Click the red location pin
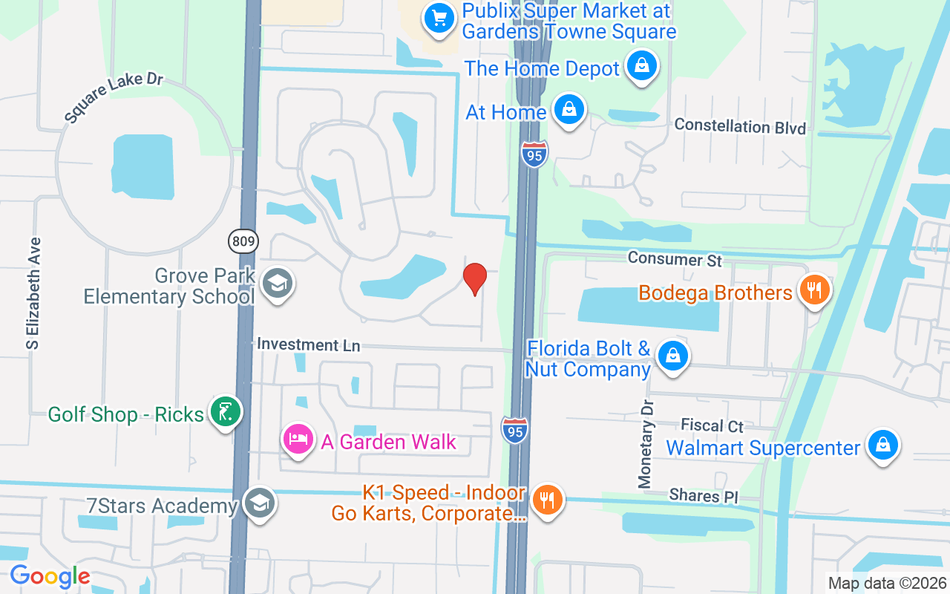click(x=475, y=278)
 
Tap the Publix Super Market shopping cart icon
click(x=439, y=18)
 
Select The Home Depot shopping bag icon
click(x=642, y=67)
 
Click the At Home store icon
click(x=569, y=111)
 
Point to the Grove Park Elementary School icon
click(x=278, y=283)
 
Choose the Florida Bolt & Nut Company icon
click(x=673, y=356)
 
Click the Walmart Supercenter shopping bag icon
click(x=882, y=446)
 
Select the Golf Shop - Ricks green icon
click(x=226, y=412)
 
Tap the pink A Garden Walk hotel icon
click(x=298, y=440)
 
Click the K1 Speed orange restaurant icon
click(x=548, y=500)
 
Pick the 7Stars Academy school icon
click(x=259, y=503)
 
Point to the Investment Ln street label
click(x=308, y=345)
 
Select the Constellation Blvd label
click(x=739, y=126)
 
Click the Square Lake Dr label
click(x=113, y=98)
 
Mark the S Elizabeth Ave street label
click(x=33, y=293)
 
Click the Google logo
click(x=50, y=577)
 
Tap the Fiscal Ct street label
click(x=712, y=425)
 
